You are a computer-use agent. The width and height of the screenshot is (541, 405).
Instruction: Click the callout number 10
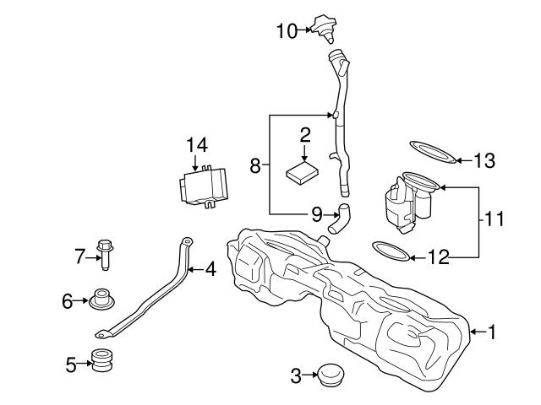286,31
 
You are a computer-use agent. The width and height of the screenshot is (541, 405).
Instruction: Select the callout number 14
196,143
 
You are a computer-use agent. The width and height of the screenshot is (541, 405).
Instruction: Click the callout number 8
255,165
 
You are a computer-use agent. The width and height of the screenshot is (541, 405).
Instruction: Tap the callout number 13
484,159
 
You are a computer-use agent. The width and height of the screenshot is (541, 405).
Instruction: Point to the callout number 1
492,332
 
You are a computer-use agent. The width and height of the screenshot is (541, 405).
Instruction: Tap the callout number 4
210,270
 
